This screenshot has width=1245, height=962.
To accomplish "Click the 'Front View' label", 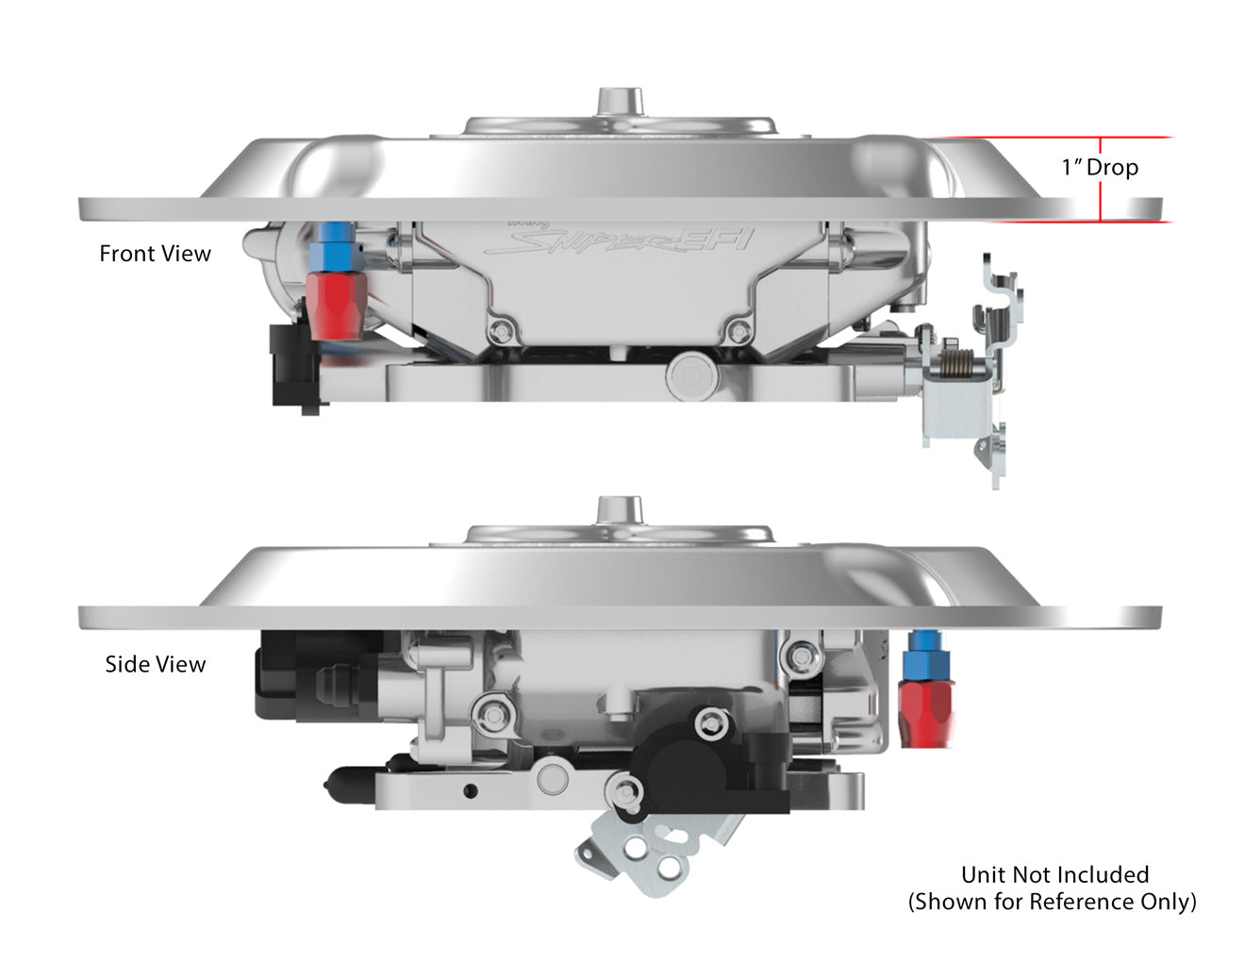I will [x=155, y=254].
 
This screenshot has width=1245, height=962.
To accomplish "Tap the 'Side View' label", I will [x=155, y=664].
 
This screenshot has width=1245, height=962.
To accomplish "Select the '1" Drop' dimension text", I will [x=1100, y=168].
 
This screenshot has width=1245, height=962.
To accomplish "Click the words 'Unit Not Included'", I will [x=1054, y=874].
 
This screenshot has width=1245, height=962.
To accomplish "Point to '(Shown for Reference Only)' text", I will [x=1052, y=902].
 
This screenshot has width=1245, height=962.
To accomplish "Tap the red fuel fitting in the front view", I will [x=335, y=305].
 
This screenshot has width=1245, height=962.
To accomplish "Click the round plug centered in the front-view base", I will [x=689, y=376].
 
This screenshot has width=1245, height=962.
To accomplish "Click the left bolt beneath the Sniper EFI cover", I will [x=501, y=331].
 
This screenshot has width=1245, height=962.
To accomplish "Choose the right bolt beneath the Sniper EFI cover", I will [x=739, y=331].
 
